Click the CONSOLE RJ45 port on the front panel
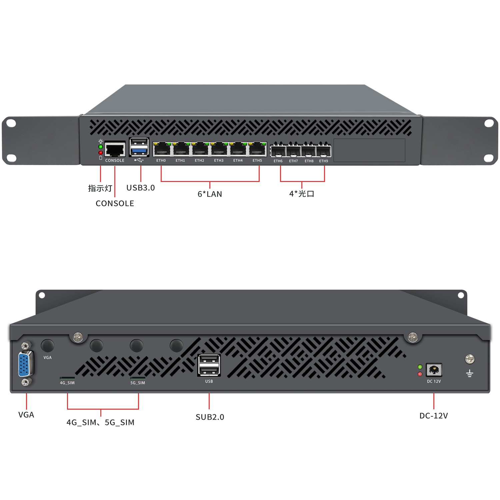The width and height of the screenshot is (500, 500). click(x=115, y=149)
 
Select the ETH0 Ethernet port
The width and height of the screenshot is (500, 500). click(x=162, y=149)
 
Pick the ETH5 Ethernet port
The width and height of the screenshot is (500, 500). click(x=258, y=149)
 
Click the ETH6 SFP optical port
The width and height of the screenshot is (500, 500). click(x=278, y=151)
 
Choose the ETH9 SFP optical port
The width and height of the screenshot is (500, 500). click(x=323, y=151)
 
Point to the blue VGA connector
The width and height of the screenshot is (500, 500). click(x=25, y=364)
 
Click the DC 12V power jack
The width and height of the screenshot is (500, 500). click(x=434, y=370)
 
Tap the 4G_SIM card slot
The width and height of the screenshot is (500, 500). click(x=67, y=378)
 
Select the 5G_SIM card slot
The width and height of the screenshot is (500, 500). click(x=138, y=378)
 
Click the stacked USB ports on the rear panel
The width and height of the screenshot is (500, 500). click(x=209, y=365)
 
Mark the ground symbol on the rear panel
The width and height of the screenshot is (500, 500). click(x=470, y=374)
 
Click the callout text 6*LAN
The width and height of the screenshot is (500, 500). click(x=210, y=194)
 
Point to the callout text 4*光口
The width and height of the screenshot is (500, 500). click(x=302, y=194)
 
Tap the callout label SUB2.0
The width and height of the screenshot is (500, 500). click(x=210, y=417)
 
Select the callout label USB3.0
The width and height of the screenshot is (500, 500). click(x=140, y=188)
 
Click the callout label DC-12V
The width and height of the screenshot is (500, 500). click(x=434, y=416)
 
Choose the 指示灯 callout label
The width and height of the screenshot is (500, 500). click(x=100, y=188)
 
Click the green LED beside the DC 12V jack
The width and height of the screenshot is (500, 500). click(x=420, y=367)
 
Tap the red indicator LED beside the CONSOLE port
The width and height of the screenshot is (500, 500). click(x=101, y=152)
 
